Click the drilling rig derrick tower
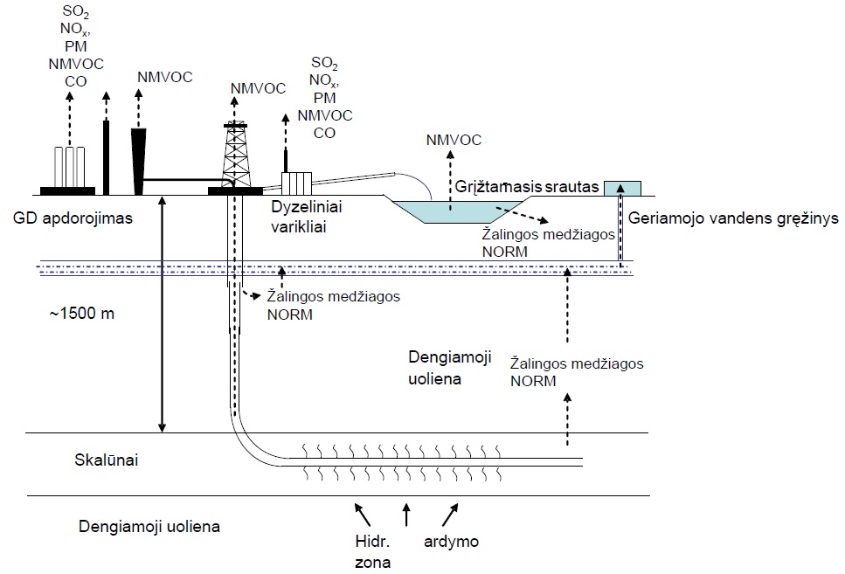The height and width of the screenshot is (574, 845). click(x=236, y=156)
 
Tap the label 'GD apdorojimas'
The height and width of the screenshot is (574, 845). click(x=73, y=218)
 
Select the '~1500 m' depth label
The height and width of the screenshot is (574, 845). click(x=82, y=313)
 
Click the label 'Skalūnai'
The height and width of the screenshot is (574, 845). click(x=106, y=460)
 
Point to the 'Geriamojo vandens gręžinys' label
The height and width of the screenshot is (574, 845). click(x=733, y=218)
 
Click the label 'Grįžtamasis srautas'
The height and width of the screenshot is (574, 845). click(x=527, y=186)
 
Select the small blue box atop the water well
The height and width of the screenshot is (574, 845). click(x=622, y=188)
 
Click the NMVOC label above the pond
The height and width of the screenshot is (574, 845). click(x=454, y=140)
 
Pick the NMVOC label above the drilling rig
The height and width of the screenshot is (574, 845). click(x=258, y=88)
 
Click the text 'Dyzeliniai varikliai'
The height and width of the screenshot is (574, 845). click(x=306, y=217)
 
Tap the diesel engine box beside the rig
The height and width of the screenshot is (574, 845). click(x=296, y=183)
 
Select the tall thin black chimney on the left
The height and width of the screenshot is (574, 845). click(x=106, y=157)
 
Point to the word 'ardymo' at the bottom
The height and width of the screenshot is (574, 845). click(x=451, y=542)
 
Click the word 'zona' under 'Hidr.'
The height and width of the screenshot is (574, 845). click(x=372, y=563)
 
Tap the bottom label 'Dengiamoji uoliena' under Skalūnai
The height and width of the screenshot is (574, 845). click(x=149, y=526)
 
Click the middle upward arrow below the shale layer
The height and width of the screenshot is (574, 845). click(x=406, y=515)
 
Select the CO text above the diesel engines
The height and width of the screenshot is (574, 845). click(x=324, y=133)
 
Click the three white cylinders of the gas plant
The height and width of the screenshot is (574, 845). click(x=68, y=167)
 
